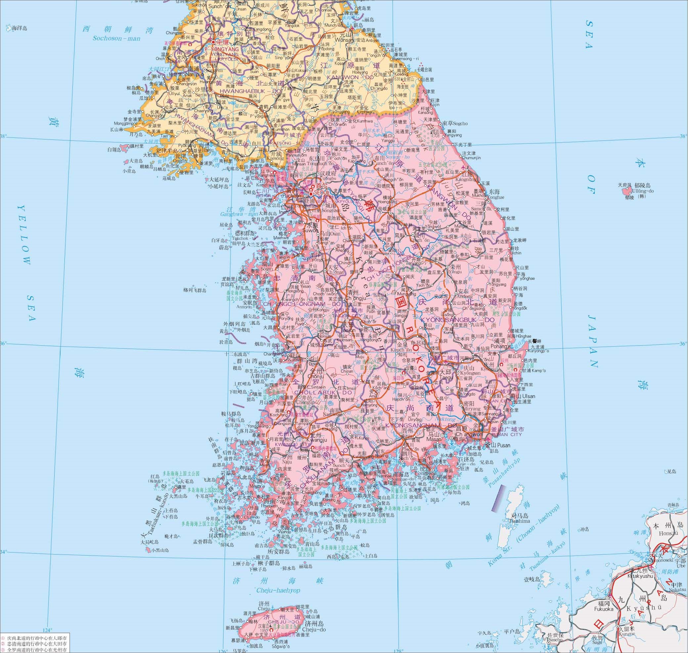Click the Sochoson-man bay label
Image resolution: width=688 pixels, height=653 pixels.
pos(116,38)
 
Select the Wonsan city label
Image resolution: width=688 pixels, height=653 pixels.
pos(345,40)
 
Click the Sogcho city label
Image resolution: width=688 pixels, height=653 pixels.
pos(460,123)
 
